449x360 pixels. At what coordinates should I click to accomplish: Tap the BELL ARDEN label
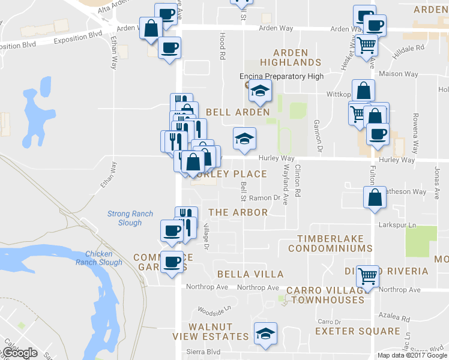(x=238, y=112)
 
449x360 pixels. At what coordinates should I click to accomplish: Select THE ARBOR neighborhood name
(x=238, y=212)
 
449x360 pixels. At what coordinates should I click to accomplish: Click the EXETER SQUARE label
(x=357, y=331)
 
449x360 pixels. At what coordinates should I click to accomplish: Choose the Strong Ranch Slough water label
(x=124, y=218)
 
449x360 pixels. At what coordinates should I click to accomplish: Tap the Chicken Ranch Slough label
(x=99, y=258)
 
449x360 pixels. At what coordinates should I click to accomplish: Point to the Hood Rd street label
(x=222, y=45)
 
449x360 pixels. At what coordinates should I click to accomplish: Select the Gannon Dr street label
(x=318, y=134)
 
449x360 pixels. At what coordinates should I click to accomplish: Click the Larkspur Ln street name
(x=399, y=225)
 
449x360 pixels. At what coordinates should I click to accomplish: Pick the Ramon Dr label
(x=265, y=197)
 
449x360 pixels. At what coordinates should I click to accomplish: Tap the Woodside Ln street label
(x=215, y=310)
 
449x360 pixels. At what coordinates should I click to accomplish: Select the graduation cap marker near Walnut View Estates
(x=264, y=334)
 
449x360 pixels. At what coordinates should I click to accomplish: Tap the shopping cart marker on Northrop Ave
(x=367, y=277)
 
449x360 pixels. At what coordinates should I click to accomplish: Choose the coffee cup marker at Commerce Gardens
(x=172, y=262)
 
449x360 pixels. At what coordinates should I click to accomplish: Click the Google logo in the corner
(x=19, y=353)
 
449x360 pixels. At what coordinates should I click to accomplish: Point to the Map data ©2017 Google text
(x=411, y=355)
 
